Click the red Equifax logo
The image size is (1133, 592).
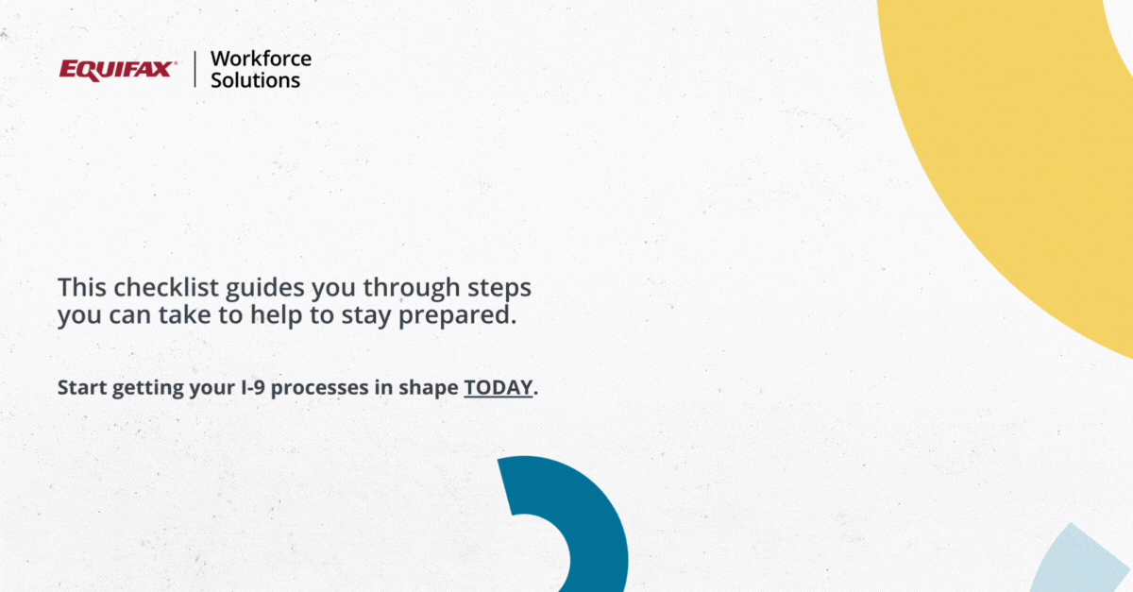tap(118, 70)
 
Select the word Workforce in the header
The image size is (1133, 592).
tap(261, 59)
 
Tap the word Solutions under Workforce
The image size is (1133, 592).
tap(256, 80)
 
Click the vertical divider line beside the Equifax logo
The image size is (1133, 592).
tap(194, 69)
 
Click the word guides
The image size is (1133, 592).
tap(265, 288)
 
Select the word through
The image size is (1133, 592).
tap(412, 288)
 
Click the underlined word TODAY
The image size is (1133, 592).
tap(499, 388)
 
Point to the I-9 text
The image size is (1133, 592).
tap(253, 388)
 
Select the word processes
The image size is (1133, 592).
tap(320, 389)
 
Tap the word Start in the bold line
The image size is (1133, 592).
tap(81, 388)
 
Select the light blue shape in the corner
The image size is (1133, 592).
tap(1082, 562)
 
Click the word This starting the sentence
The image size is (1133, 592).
tap(82, 287)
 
